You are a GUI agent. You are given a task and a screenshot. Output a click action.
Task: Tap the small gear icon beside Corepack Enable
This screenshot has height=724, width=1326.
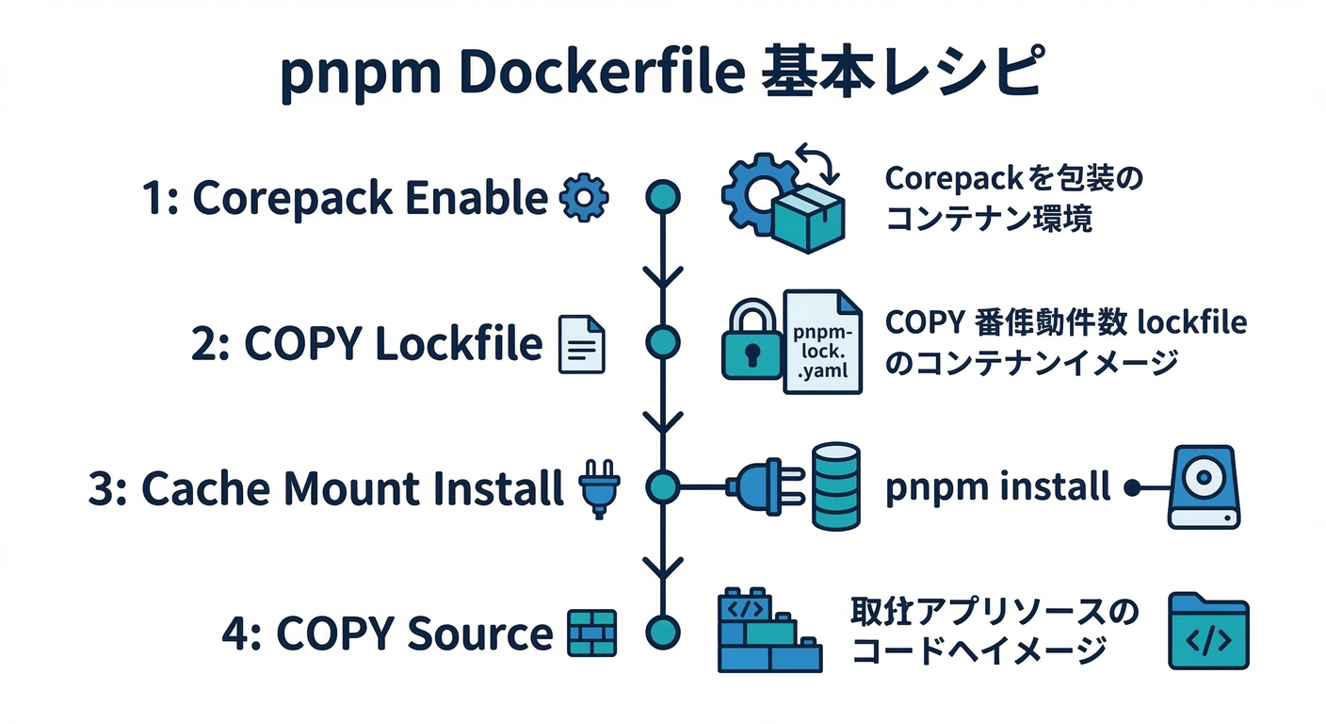pos(584,200)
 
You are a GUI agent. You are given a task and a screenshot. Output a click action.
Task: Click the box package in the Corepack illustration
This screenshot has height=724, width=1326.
pos(808,216)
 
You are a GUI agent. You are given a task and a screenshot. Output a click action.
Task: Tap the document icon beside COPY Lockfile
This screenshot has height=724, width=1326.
pos(583,345)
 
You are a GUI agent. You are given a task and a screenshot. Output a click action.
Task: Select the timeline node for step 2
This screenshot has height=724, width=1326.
pos(663,342)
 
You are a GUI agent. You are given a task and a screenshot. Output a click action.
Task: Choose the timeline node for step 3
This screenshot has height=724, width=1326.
pos(663,486)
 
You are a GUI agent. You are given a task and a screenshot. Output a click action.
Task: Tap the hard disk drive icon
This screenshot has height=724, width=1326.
pos(1205,486)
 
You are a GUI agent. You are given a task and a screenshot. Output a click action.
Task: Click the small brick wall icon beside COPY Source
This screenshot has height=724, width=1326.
pos(592,633)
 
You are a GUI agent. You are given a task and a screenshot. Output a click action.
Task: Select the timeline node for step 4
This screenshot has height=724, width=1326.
pos(663,631)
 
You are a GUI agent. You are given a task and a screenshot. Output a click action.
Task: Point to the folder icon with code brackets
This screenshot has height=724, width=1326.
pos(1208,632)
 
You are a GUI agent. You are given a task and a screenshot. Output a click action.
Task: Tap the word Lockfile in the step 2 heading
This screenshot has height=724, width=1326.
pos(459,345)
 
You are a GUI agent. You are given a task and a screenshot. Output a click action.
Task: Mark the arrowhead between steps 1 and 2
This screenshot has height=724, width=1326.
pos(663,277)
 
